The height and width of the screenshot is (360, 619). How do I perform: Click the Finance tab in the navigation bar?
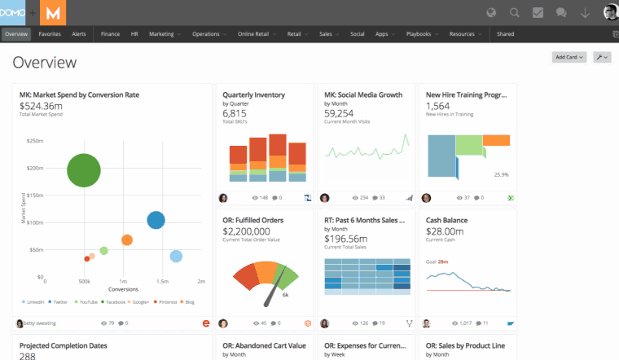coord(110,34)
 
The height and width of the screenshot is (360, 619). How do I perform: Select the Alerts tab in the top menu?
coord(79,34)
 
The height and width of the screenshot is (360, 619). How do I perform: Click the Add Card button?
coord(569,57)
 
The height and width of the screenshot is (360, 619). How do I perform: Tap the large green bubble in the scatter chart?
coord(83,171)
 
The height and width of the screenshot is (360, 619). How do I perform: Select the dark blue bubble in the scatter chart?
coord(156,220)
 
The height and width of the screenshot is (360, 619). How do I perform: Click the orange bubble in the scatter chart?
coord(126,239)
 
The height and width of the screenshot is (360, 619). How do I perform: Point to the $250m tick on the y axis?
coord(35,141)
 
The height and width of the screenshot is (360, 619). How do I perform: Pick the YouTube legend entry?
coord(87,301)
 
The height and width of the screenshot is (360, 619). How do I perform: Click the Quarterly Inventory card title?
coord(253,94)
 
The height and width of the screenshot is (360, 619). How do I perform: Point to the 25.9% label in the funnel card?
coord(501,174)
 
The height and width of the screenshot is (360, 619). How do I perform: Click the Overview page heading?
coord(45,63)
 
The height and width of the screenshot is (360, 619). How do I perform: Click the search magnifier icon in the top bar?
coord(515,12)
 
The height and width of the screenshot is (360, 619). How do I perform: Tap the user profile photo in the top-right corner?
coord(610,12)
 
